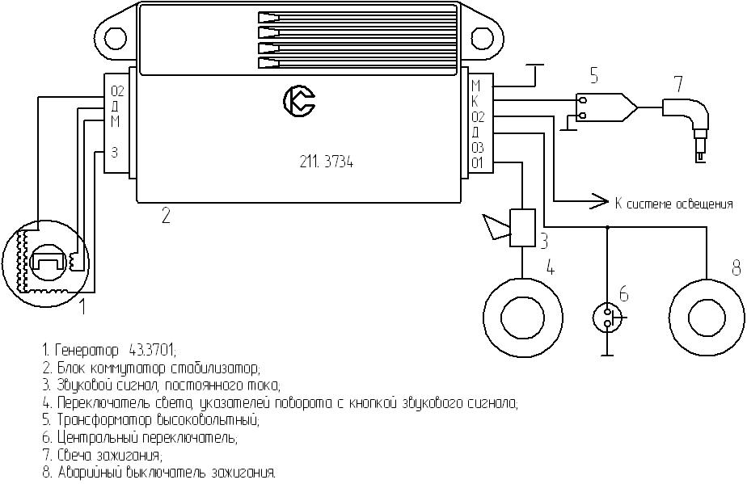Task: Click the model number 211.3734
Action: click(326, 162)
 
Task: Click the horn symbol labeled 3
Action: click(510, 227)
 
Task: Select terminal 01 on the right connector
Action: click(478, 162)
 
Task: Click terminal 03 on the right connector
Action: click(478, 147)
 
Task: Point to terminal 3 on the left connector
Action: click(114, 151)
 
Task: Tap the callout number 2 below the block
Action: click(165, 215)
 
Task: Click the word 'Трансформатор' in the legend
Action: click(103, 419)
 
